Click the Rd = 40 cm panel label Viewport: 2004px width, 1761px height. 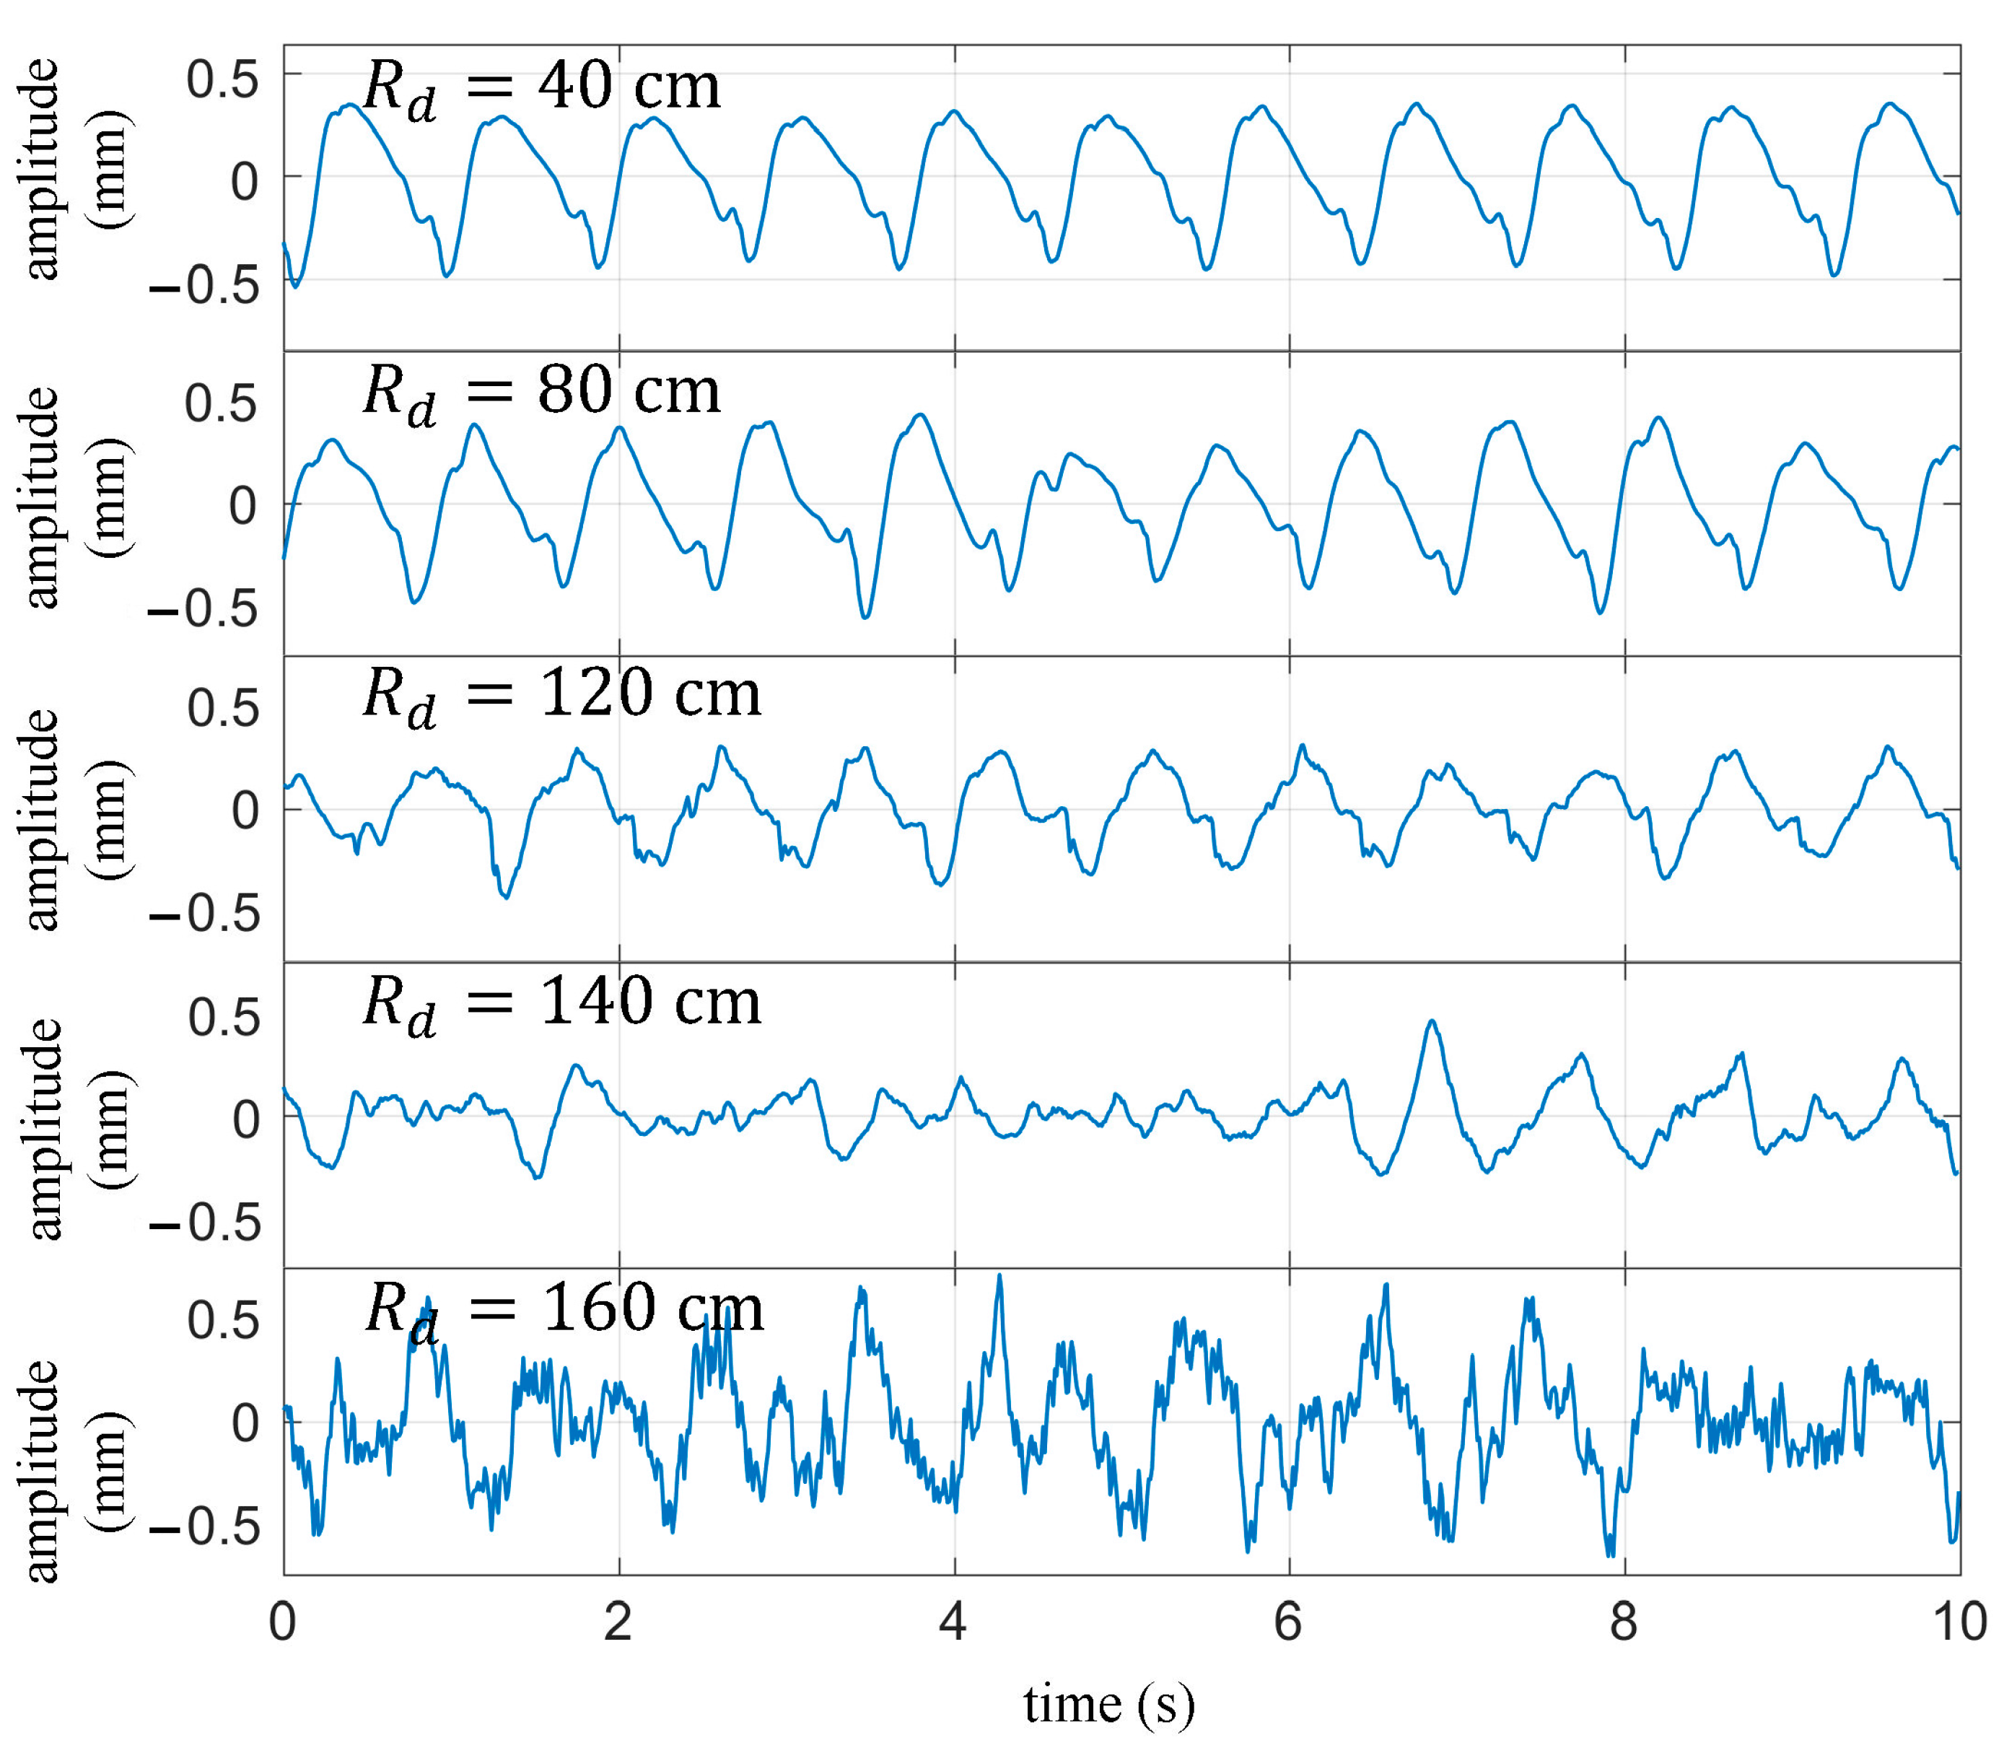click(x=541, y=88)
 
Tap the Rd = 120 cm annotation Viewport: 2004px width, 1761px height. click(x=561, y=696)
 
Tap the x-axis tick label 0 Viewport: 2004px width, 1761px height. click(x=282, y=1622)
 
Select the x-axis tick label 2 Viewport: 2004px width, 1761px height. click(x=618, y=1622)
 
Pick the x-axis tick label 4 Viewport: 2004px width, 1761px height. click(x=953, y=1622)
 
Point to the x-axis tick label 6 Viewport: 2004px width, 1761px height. click(x=1287, y=1622)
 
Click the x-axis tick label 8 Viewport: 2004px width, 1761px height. click(x=1624, y=1622)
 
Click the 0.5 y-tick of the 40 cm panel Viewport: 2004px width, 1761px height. click(x=224, y=79)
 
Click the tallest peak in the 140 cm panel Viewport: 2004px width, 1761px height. click(x=1432, y=1022)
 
